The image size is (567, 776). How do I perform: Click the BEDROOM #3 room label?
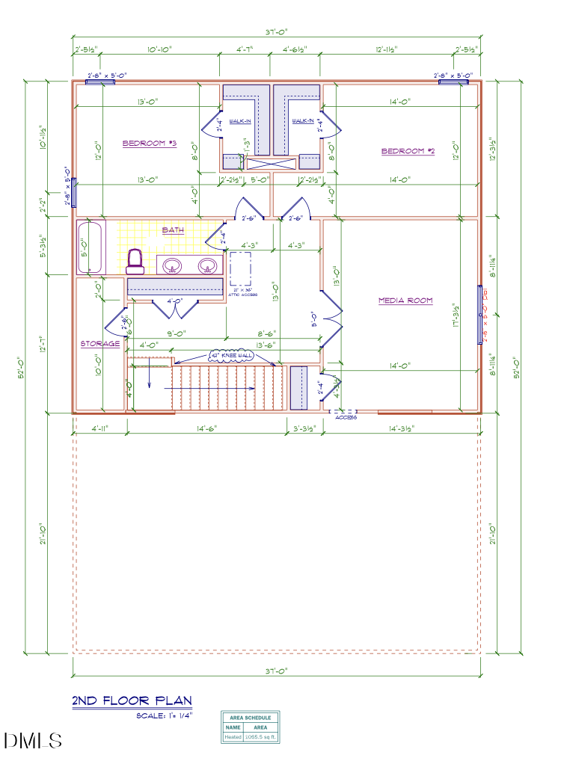pyautogui.click(x=149, y=143)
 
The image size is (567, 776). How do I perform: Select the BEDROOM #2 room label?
pyautogui.click(x=408, y=151)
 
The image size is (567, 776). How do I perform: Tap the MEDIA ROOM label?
pyautogui.click(x=405, y=301)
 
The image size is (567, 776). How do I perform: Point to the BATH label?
pyautogui.click(x=173, y=230)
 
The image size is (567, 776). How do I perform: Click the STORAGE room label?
pyautogui.click(x=100, y=344)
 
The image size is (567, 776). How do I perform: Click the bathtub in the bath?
pyautogui.click(x=91, y=247)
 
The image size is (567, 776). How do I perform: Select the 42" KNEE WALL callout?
pyautogui.click(x=231, y=355)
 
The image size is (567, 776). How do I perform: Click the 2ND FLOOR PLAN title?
pyautogui.click(x=132, y=701)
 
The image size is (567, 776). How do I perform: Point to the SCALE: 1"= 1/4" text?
pyautogui.click(x=165, y=716)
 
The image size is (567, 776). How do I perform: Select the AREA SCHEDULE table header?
pyautogui.click(x=250, y=718)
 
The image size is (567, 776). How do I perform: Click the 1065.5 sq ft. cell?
pyautogui.click(x=260, y=737)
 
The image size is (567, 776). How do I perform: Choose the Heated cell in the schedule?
pyautogui.click(x=233, y=737)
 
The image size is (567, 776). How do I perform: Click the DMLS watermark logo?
pyautogui.click(x=33, y=741)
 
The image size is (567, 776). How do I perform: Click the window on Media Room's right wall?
pyautogui.click(x=479, y=315)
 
